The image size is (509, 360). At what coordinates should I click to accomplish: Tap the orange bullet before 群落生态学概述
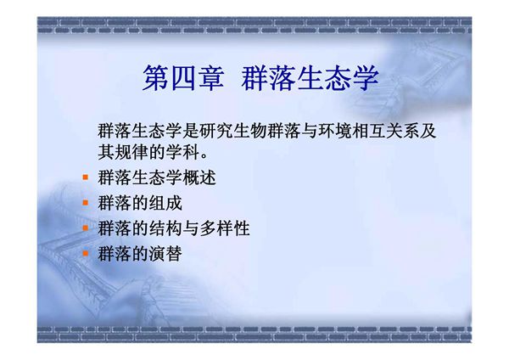[85, 179]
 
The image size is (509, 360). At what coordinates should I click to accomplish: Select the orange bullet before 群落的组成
[85, 204]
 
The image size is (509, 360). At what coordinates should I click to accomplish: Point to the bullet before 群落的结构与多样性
[85, 228]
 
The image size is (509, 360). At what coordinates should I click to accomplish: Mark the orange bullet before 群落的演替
[85, 253]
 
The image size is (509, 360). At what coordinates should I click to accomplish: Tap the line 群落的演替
[139, 253]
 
